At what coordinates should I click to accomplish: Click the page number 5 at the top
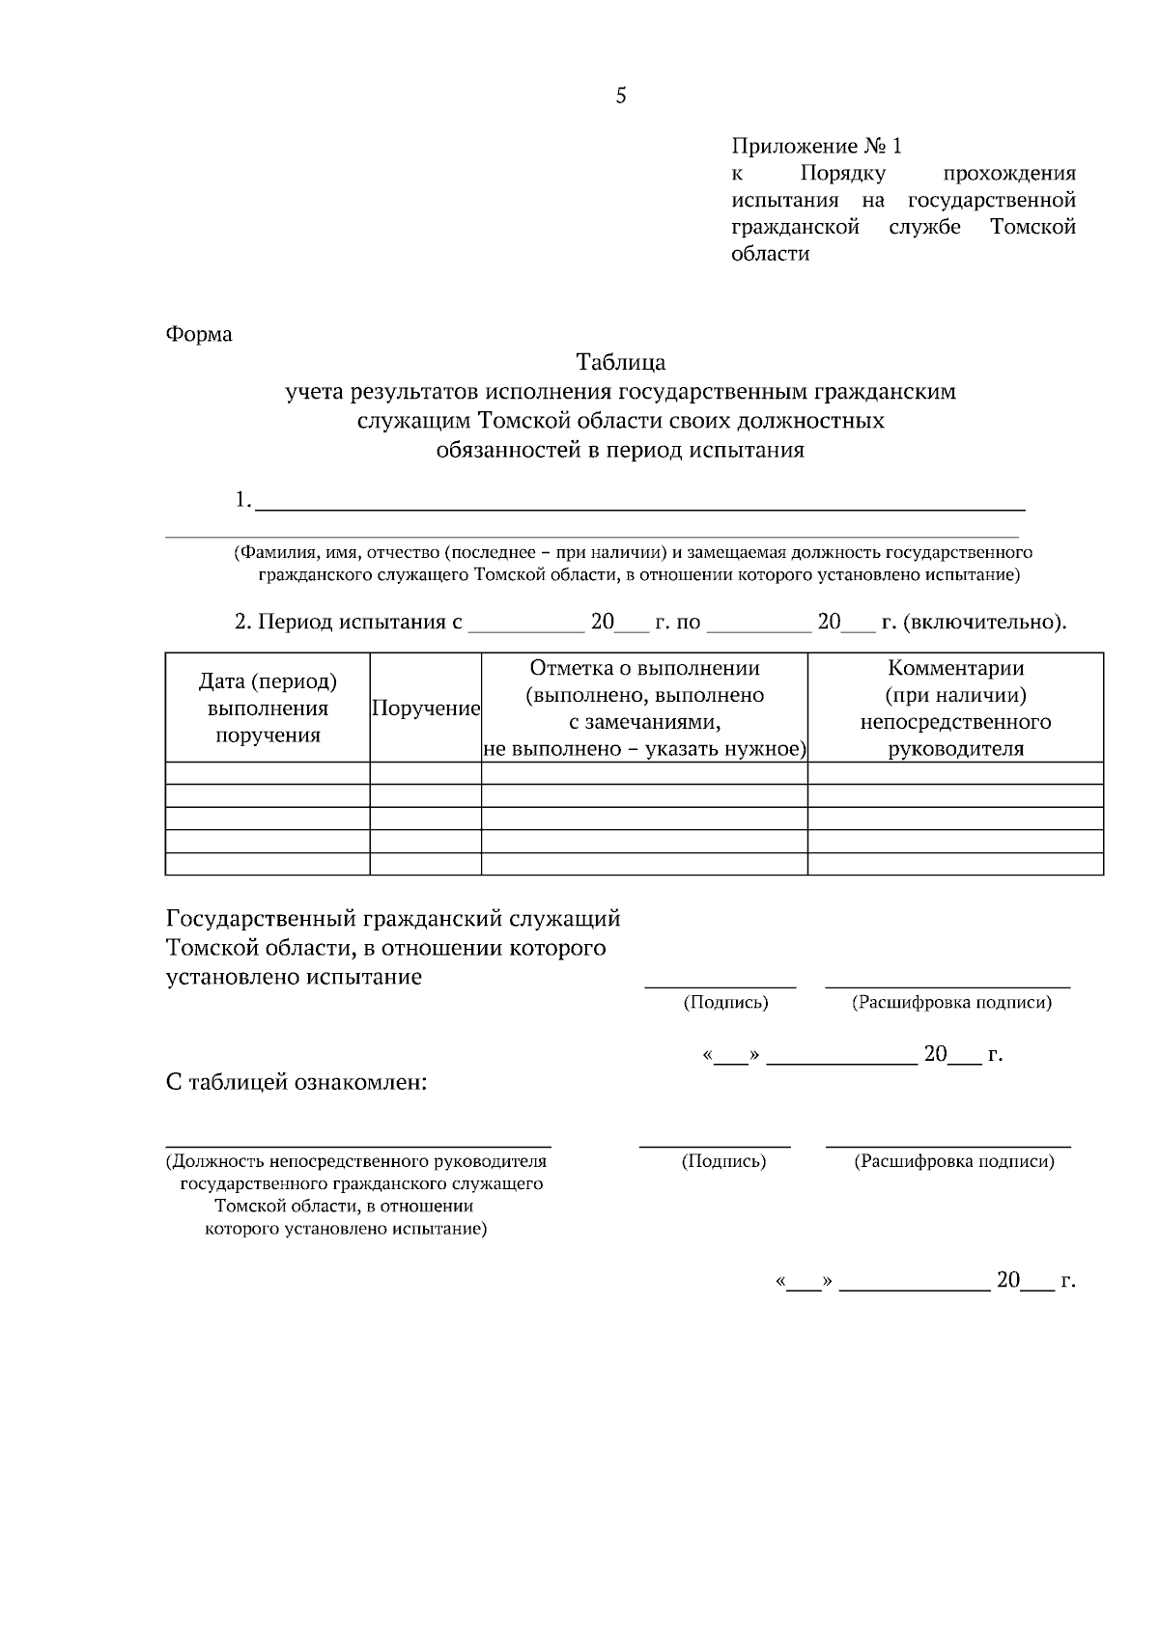(620, 96)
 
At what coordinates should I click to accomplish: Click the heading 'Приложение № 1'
(816, 146)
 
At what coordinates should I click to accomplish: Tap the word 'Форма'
(199, 334)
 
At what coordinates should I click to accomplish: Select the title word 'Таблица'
(620, 363)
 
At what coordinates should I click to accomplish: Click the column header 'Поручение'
(426, 708)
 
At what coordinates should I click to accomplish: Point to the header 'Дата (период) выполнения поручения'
(268, 708)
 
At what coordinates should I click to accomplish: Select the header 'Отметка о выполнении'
(644, 668)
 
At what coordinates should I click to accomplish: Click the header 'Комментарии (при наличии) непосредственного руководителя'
(955, 708)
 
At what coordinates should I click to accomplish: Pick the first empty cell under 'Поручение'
(426, 773)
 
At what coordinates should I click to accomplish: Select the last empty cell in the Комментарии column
(955, 864)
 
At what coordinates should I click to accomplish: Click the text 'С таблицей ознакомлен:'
(297, 1082)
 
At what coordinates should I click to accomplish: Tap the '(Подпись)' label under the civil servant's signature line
(725, 1003)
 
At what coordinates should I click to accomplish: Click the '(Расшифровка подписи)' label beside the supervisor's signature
(953, 1161)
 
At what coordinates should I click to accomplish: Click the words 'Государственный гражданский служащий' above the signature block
(393, 918)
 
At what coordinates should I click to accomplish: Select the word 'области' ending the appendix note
(770, 255)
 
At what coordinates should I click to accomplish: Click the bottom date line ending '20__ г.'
(924, 1282)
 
